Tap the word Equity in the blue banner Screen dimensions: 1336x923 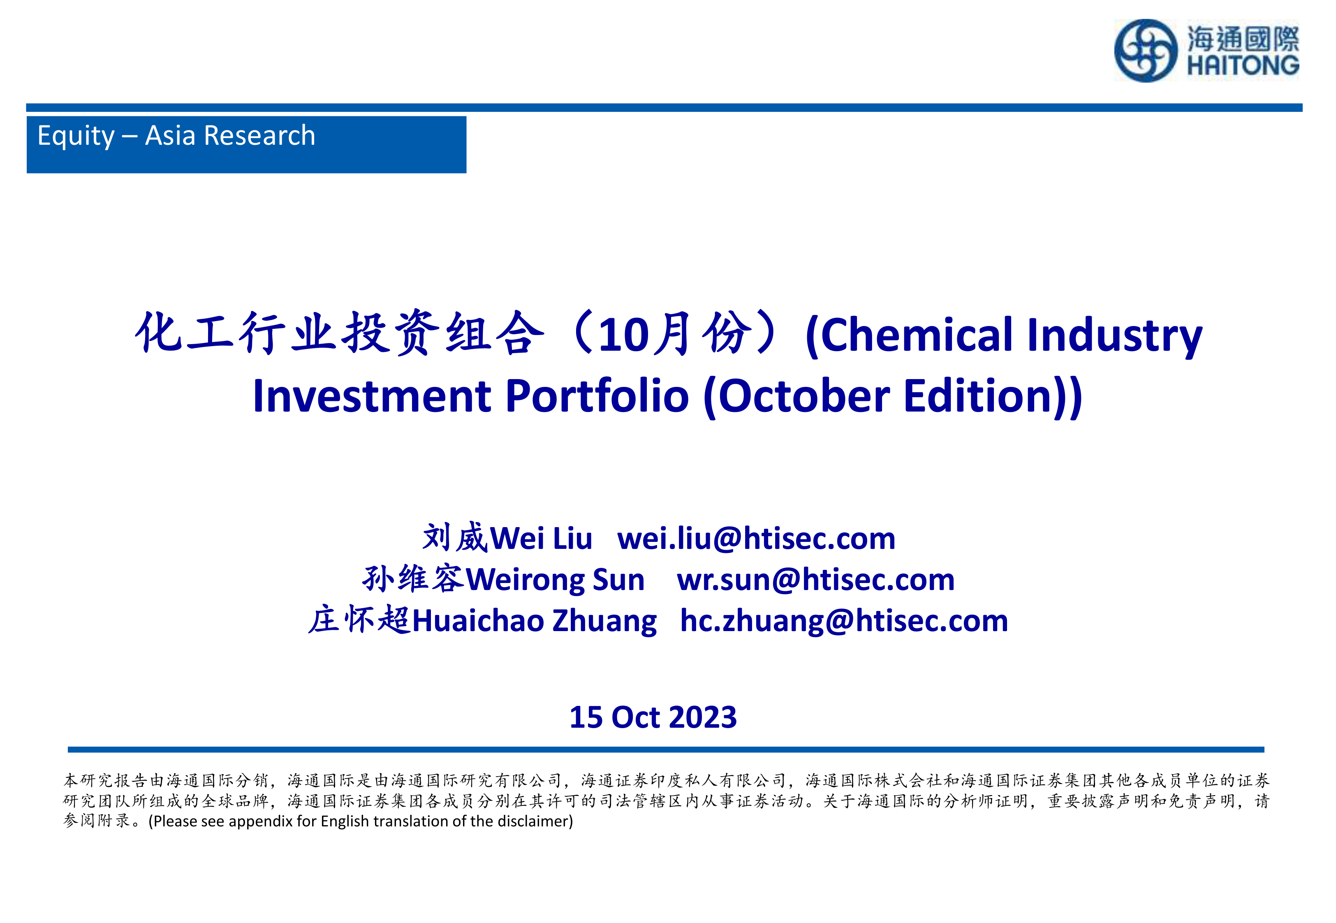[76, 136]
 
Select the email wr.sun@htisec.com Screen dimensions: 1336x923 [815, 580]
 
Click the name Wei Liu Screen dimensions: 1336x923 [541, 539]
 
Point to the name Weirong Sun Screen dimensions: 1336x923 [555, 580]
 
